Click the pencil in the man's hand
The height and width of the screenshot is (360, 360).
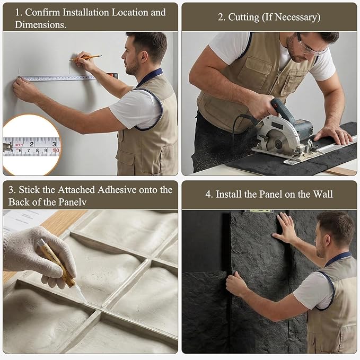[86, 58]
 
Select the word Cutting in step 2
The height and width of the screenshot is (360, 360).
[244, 17]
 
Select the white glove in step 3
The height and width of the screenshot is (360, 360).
[39, 257]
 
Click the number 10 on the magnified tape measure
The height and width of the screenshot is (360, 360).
[56, 151]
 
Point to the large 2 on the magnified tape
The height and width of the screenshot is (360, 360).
[32, 144]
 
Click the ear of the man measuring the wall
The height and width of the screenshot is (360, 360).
[144, 56]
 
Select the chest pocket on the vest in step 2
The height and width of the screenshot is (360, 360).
[259, 68]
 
